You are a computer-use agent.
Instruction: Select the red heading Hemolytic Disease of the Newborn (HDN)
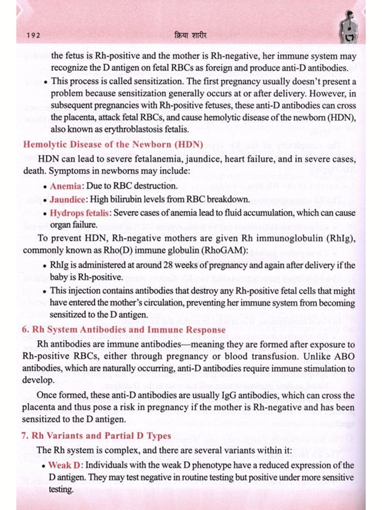click(113, 144)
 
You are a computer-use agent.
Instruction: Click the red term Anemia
click(65, 186)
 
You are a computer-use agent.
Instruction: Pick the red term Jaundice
click(67, 199)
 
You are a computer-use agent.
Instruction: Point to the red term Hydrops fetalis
click(79, 213)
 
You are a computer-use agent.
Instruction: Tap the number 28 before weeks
click(168, 265)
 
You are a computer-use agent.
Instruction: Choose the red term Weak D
click(64, 465)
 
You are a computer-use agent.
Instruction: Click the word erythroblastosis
click(133, 129)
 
